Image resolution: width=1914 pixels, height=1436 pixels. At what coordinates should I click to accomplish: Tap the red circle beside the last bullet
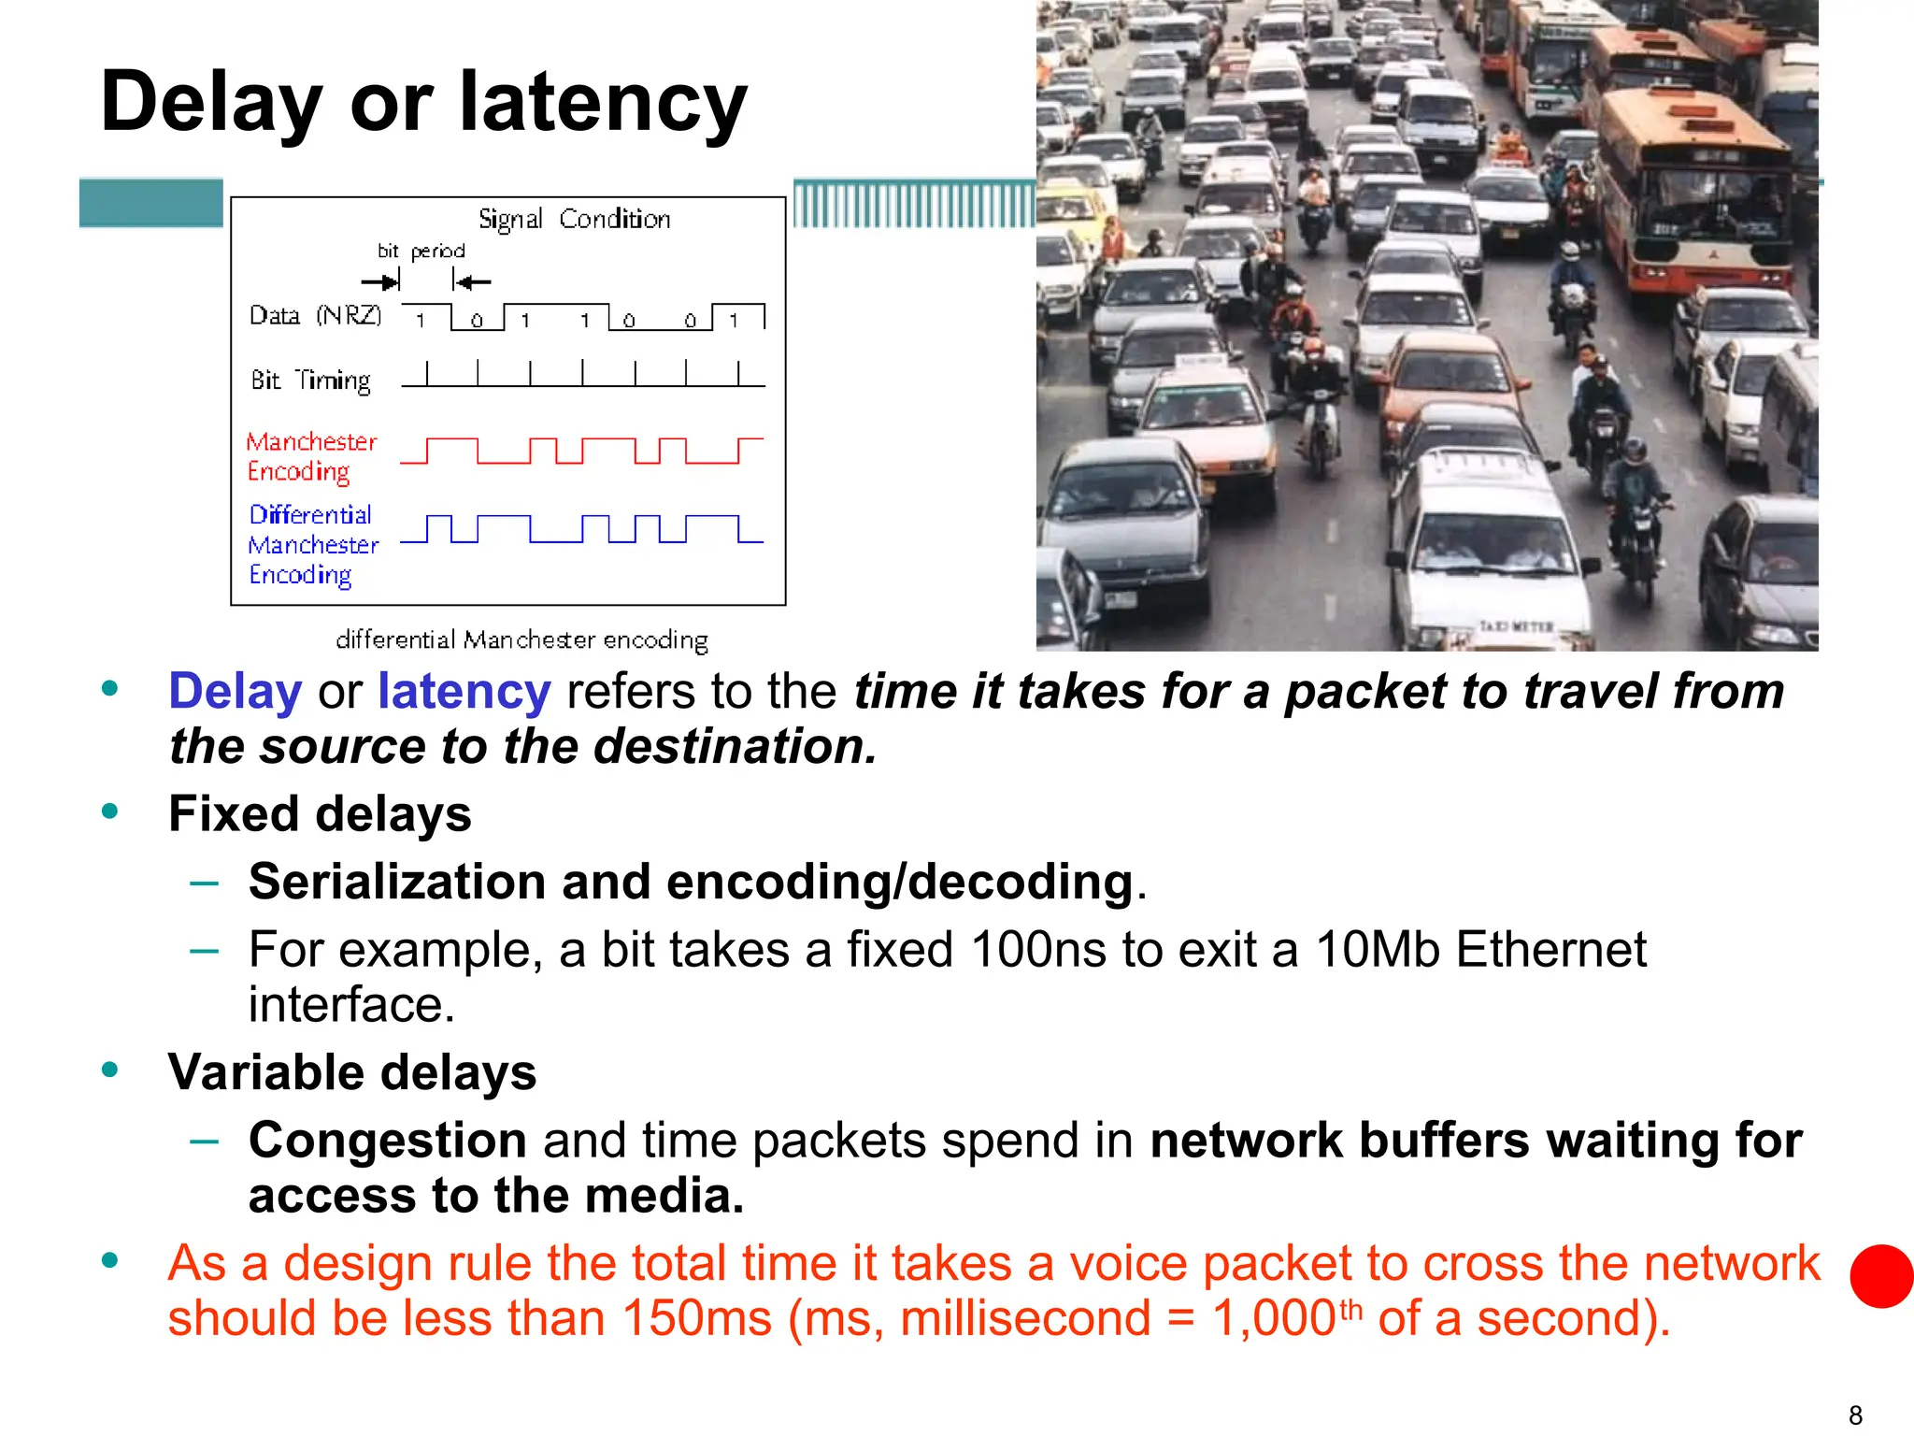pyautogui.click(x=1881, y=1276)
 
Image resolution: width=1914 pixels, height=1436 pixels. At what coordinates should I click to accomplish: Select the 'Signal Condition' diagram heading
pyautogui.click(x=574, y=220)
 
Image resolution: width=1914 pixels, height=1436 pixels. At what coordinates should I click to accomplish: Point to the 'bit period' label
pyautogui.click(x=421, y=251)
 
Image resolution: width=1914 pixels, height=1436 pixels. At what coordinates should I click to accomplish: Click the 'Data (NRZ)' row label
pyautogui.click(x=315, y=316)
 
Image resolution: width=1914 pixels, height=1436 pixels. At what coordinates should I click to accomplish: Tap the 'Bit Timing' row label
pyautogui.click(x=310, y=381)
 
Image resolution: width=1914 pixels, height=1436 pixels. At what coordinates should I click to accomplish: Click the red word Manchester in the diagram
pyautogui.click(x=311, y=441)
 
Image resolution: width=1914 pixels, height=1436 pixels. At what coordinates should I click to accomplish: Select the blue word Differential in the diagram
pyautogui.click(x=310, y=515)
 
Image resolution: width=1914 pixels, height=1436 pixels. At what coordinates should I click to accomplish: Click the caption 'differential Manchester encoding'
pyautogui.click(x=521, y=640)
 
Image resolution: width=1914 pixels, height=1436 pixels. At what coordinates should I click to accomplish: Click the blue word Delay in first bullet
pyautogui.click(x=235, y=692)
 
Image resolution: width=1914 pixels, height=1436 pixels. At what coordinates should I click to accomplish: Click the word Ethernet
pyautogui.click(x=1550, y=950)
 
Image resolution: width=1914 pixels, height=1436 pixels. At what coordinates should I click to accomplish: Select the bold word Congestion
pyautogui.click(x=388, y=1141)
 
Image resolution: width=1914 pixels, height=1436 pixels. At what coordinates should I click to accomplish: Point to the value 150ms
pyautogui.click(x=696, y=1318)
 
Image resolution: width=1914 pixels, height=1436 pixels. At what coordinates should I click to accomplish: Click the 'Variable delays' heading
pyautogui.click(x=352, y=1072)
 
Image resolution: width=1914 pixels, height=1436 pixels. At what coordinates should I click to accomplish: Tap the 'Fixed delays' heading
pyautogui.click(x=320, y=813)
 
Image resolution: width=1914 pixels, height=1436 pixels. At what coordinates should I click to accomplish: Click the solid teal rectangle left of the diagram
pyautogui.click(x=151, y=203)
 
